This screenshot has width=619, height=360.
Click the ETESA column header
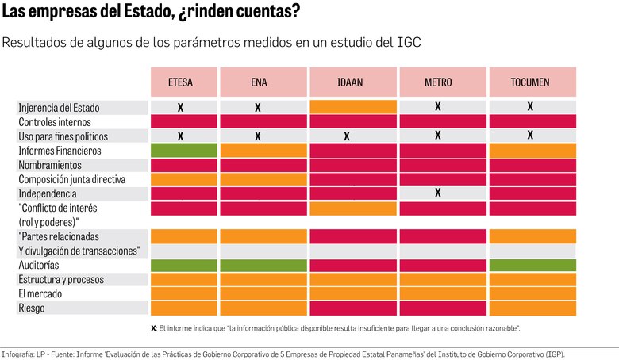(x=180, y=82)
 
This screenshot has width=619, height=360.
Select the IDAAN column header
(x=353, y=82)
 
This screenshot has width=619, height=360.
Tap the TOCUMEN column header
(x=530, y=82)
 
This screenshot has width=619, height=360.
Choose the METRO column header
(x=438, y=82)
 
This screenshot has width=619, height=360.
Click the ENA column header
(x=258, y=82)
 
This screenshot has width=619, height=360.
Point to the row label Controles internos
(x=55, y=122)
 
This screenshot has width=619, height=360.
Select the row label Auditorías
(x=39, y=265)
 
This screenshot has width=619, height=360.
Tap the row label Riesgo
(x=31, y=308)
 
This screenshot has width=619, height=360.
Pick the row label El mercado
(x=40, y=293)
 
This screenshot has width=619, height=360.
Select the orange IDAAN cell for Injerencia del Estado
(x=353, y=107)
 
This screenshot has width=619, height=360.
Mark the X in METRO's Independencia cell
(x=438, y=193)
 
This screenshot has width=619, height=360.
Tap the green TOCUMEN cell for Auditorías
(x=532, y=265)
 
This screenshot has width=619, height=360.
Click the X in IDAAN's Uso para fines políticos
(x=347, y=136)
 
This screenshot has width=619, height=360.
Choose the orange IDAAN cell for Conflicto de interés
(x=353, y=209)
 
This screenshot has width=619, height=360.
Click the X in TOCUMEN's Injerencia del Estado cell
(x=530, y=106)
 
